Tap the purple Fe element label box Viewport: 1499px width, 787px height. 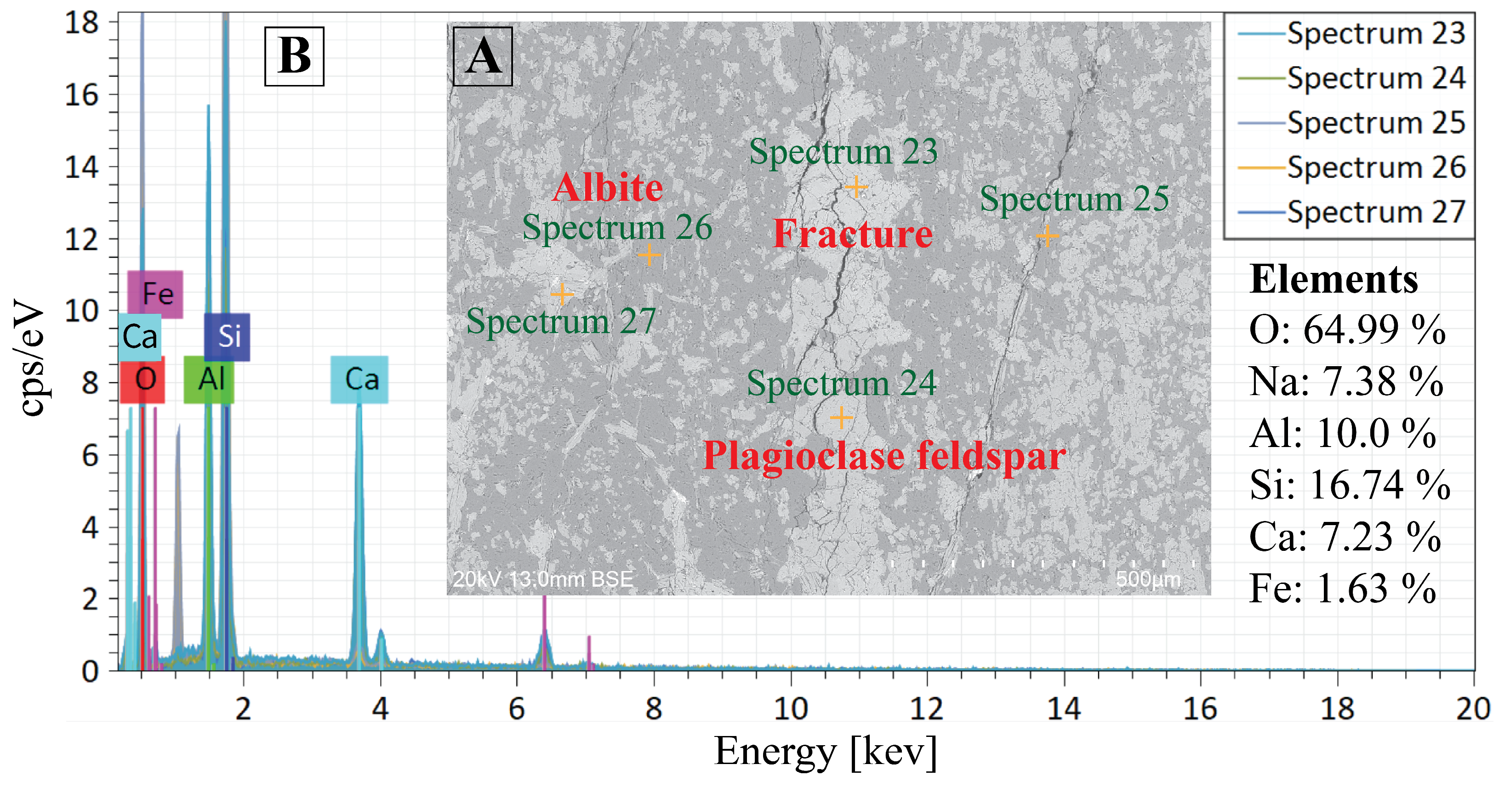tap(155, 294)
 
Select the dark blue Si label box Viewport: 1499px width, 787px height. tap(227, 337)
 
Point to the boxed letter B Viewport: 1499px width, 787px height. tap(294, 57)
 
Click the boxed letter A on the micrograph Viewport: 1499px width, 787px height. tap(482, 57)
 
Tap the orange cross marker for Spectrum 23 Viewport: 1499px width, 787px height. tap(856, 187)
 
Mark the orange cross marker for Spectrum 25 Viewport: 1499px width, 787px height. tap(1047, 236)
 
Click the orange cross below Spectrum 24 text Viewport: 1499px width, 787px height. tap(841, 417)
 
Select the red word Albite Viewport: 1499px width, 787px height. tap(608, 187)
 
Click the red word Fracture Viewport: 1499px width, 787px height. tap(853, 234)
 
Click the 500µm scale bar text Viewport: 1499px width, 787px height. tap(1147, 579)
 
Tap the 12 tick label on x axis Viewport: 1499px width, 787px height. tap(927, 708)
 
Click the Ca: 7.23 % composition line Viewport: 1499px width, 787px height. tap(1344, 536)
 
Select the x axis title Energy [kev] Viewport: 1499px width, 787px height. tap(825, 752)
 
